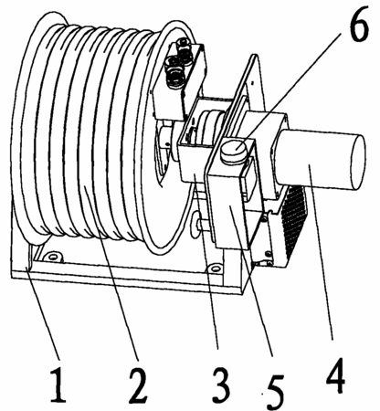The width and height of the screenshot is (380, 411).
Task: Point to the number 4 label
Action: click(335, 376)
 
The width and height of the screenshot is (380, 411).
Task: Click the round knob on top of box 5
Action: click(235, 150)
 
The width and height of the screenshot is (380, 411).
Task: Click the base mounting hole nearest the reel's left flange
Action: click(53, 258)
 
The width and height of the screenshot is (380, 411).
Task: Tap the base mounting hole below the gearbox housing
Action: click(214, 269)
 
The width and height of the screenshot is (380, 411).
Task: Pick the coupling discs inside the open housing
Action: click(207, 128)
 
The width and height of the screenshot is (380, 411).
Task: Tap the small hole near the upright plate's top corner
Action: click(252, 82)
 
